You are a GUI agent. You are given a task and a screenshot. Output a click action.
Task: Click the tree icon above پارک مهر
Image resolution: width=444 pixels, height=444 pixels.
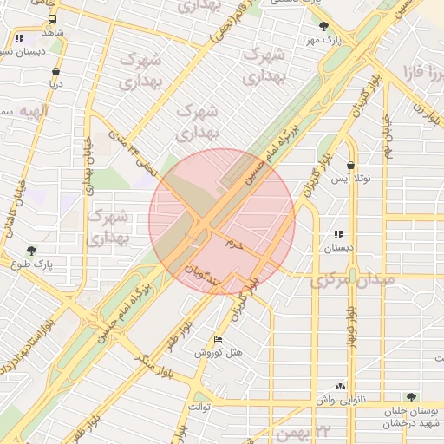pyautogui.click(x=324, y=27)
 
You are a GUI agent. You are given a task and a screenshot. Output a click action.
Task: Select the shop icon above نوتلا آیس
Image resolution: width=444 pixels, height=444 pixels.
pyautogui.click(x=350, y=165)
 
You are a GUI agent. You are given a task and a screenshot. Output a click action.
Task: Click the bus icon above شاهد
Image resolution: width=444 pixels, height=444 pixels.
pyautogui.click(x=53, y=18)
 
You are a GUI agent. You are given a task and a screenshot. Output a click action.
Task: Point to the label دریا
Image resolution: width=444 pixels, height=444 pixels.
pyautogui.click(x=55, y=85)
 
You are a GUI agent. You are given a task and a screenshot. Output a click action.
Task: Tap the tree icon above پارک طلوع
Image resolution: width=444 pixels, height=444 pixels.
pyautogui.click(x=32, y=250)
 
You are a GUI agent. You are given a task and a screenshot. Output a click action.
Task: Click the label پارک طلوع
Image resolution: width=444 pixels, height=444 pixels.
pyautogui.click(x=33, y=263)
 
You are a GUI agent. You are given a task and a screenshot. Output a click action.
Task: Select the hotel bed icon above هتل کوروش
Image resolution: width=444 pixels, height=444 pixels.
pyautogui.click(x=217, y=339)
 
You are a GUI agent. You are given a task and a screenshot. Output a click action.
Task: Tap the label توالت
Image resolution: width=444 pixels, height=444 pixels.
pyautogui.click(x=199, y=405)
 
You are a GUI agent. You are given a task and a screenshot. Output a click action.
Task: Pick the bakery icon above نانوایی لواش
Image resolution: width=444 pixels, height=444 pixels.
pyautogui.click(x=340, y=386)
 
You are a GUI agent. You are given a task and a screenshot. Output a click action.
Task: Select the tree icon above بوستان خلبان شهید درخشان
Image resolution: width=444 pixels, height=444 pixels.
pyautogui.click(x=412, y=396)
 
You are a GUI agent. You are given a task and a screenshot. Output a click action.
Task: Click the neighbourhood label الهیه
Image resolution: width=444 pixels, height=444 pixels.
pyautogui.click(x=35, y=112)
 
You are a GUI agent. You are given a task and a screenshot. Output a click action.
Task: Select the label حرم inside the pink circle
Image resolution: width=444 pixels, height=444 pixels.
pyautogui.click(x=234, y=245)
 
